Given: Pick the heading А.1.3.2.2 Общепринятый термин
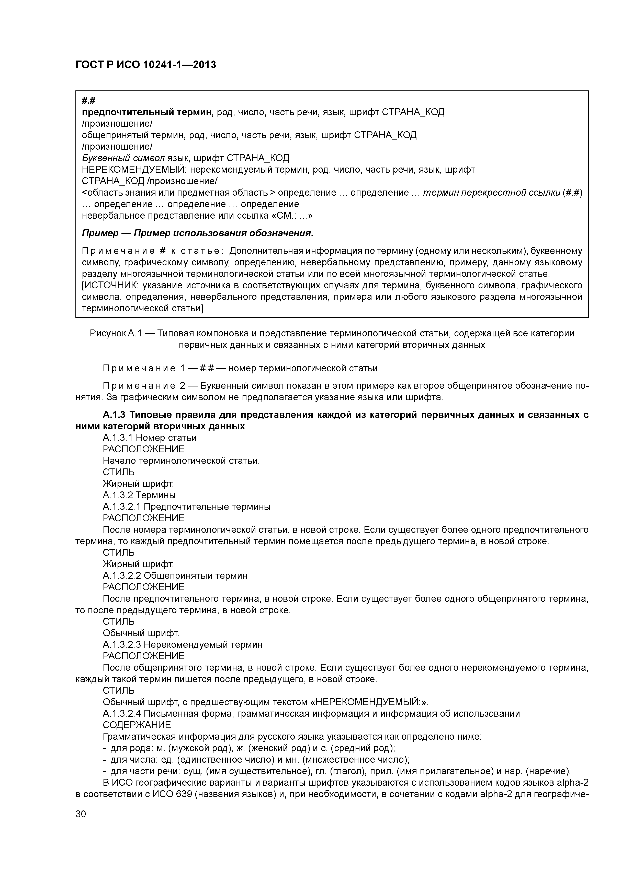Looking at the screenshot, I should [175, 576].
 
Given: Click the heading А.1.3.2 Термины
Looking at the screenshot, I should [139, 495].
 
